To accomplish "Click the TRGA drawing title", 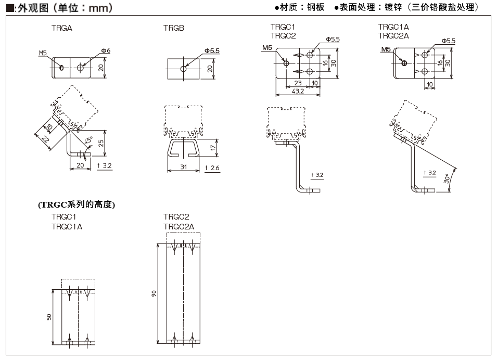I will pos(61,29).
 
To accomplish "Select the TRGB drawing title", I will pos(174,29).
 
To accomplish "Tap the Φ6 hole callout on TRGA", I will pos(106,50).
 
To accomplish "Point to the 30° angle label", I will pos(446,178).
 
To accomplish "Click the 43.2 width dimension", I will pos(298,92).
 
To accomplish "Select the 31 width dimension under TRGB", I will pos(183,167).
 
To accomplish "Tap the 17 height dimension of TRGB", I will pos(213,148).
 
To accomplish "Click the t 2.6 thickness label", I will pos(212,168).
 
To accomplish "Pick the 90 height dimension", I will pos(154,294).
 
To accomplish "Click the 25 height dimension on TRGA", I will pos(101,143).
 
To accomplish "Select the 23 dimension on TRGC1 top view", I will pos(298,83).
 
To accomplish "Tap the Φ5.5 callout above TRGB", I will pos(212,50).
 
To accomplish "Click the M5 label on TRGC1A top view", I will pos(386,49).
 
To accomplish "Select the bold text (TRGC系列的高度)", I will pos(77,204).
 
